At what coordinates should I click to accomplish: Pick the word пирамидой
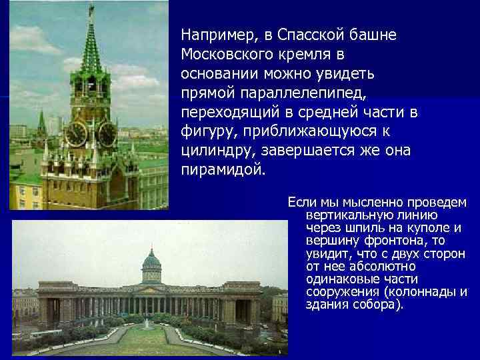(x=223, y=170)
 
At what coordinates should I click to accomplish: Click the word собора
(x=375, y=305)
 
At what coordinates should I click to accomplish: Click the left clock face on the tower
(x=77, y=133)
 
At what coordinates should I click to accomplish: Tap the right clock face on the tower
(x=107, y=134)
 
